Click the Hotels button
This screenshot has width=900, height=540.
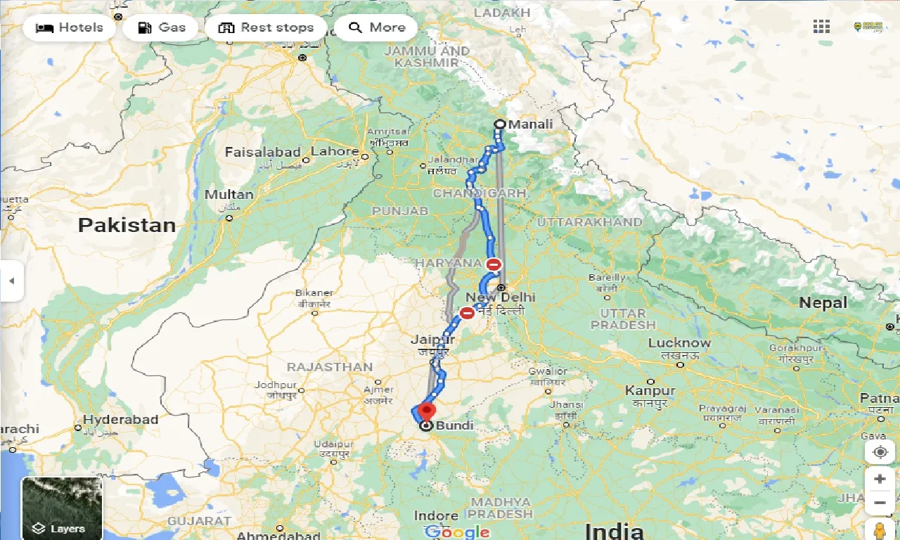point(69,28)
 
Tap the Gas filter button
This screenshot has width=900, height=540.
point(162,28)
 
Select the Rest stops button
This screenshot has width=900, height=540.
point(266,28)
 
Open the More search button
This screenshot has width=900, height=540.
point(376,28)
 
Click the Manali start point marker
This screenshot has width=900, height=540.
point(500,124)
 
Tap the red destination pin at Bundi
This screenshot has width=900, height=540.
point(425,411)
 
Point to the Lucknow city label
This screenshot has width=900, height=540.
point(679,343)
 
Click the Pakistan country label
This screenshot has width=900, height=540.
point(127,225)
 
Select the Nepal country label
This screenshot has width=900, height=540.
point(823,303)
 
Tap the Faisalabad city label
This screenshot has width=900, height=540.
point(262,152)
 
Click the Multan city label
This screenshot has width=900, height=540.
point(229,195)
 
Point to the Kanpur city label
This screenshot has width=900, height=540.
point(650,391)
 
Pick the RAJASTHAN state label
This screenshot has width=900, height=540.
point(329,367)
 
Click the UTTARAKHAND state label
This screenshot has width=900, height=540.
point(589,222)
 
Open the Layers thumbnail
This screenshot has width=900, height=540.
point(62,508)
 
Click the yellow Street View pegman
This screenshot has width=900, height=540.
point(879,529)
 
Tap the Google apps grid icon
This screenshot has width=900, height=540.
point(821,27)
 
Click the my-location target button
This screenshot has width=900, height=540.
point(880,451)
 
